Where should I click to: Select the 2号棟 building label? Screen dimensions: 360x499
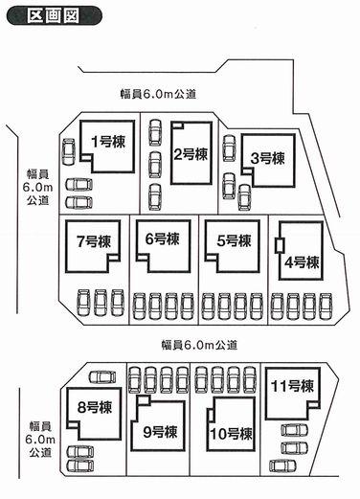click(191, 152)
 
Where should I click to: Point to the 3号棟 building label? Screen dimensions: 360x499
click(269, 157)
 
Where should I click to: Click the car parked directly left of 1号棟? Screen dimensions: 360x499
click(69, 152)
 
